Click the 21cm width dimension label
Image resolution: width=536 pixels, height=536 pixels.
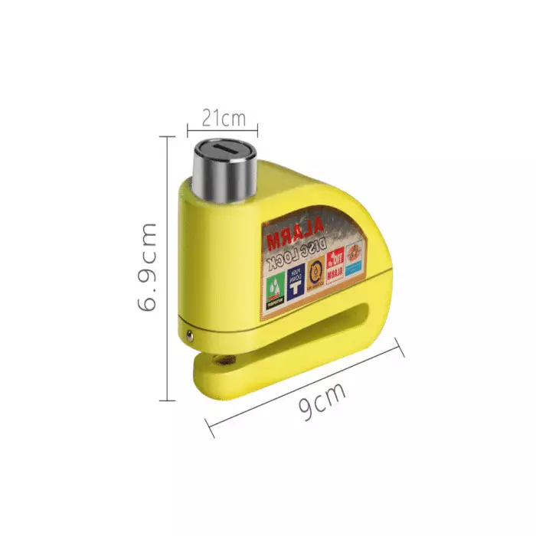223,118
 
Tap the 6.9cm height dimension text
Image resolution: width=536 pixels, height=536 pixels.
147,267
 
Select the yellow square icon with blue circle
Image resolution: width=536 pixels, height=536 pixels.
315,273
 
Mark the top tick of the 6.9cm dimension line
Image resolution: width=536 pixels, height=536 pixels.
167,136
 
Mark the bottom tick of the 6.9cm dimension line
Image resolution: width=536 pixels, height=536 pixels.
167,400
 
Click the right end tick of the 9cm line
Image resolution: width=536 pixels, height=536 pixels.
400,350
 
